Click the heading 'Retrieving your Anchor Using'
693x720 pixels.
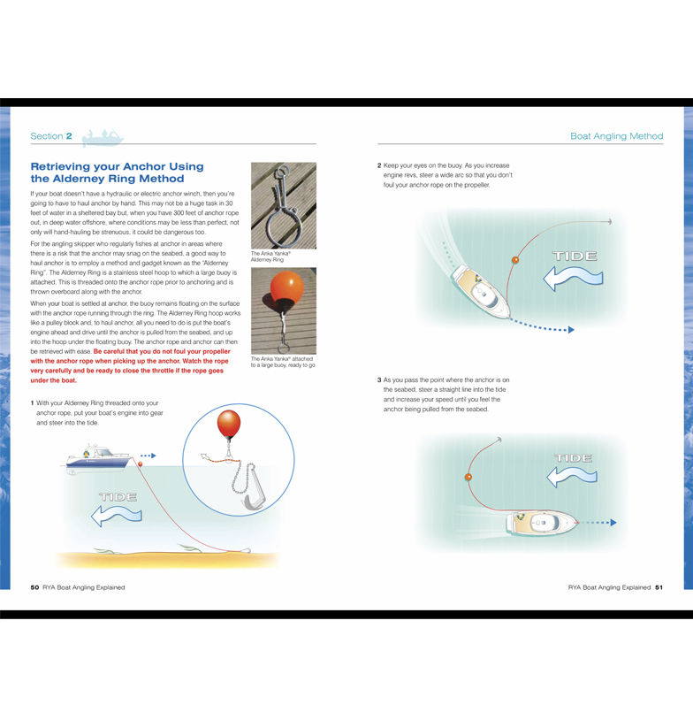[x=117, y=166]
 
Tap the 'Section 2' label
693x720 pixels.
[x=51, y=136]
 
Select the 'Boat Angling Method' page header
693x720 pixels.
[x=616, y=136]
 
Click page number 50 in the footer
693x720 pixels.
[x=34, y=587]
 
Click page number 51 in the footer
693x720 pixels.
[x=659, y=587]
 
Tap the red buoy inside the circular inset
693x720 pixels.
[x=229, y=425]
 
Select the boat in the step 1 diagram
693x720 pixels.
[x=99, y=457]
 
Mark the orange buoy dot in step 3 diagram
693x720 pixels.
[x=468, y=478]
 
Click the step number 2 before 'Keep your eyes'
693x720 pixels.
[x=379, y=165]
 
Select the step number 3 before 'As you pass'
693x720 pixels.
[x=379, y=379]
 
